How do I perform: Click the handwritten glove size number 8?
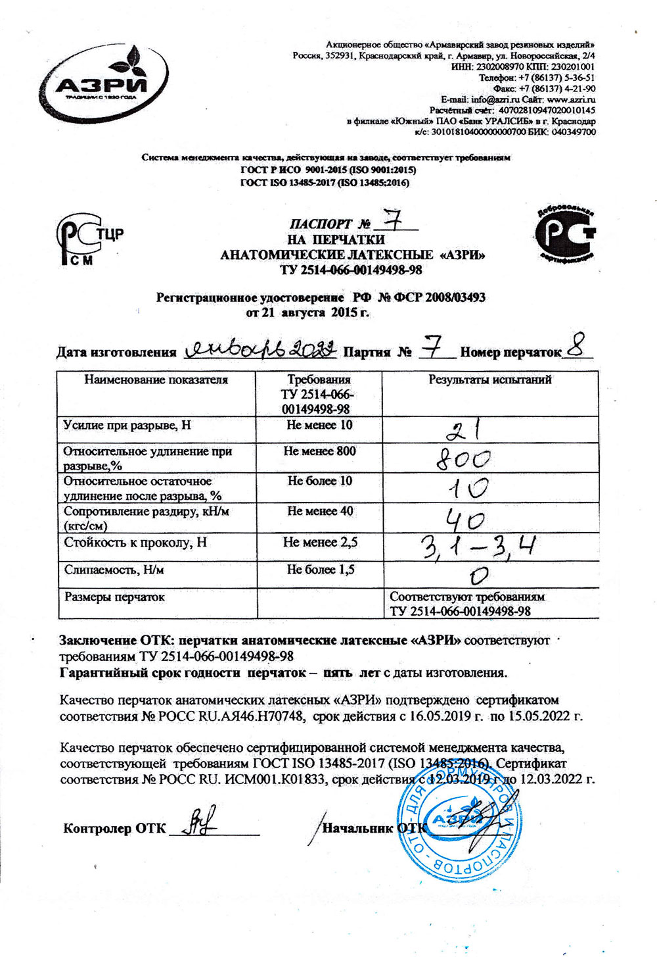click(577, 347)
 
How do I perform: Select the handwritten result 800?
click(464, 458)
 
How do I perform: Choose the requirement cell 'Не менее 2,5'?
click(320, 542)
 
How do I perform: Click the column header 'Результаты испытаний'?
click(489, 380)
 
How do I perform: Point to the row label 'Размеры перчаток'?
click(114, 597)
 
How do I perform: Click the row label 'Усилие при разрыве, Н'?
click(127, 425)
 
